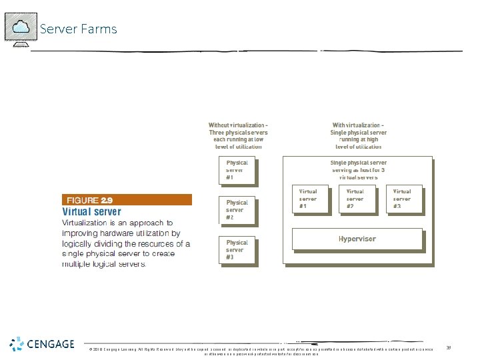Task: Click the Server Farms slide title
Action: click(x=78, y=29)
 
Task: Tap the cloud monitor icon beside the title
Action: click(x=20, y=29)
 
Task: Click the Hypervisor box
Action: click(x=357, y=239)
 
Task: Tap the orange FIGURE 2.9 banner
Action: click(x=127, y=199)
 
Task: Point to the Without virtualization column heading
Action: click(x=238, y=133)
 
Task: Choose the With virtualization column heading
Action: click(x=358, y=133)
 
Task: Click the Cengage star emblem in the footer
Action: click(x=17, y=345)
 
